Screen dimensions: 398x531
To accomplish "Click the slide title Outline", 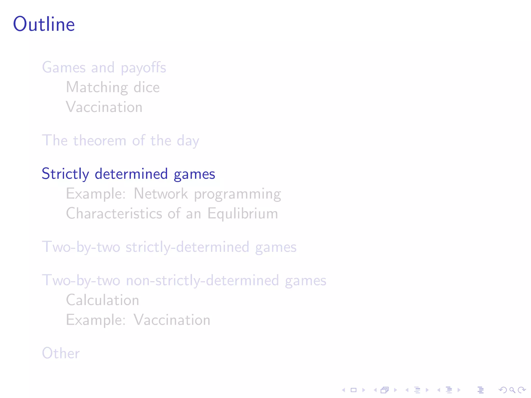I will (44, 24).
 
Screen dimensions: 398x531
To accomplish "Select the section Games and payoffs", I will (104, 68).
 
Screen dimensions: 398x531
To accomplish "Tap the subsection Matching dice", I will (113, 87).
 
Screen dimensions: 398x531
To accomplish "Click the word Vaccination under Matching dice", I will (104, 107).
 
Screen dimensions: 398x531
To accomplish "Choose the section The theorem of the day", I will (121, 141).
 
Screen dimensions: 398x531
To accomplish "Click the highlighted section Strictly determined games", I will (128, 174).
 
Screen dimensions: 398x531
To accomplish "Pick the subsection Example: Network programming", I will (173, 194).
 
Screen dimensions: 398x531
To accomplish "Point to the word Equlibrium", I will (243, 214).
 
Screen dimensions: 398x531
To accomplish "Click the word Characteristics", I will (114, 214).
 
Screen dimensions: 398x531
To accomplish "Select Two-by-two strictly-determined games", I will (169, 247).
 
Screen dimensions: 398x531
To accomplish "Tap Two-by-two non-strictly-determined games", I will (184, 280).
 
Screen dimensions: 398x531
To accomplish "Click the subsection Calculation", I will (103, 300).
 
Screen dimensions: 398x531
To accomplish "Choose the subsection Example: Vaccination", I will (138, 320).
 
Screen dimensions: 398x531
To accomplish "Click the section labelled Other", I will (61, 353).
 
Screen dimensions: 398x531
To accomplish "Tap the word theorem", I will (100, 141).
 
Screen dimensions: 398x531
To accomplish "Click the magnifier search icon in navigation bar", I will (512, 390).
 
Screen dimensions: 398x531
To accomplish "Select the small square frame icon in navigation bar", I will (354, 390).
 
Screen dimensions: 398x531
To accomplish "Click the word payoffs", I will (143, 68).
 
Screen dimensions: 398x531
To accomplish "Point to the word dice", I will (146, 87).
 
